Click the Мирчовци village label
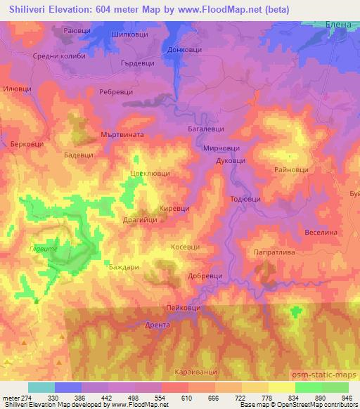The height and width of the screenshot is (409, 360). click(221, 148)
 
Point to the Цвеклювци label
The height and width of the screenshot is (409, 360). click(150, 173)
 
